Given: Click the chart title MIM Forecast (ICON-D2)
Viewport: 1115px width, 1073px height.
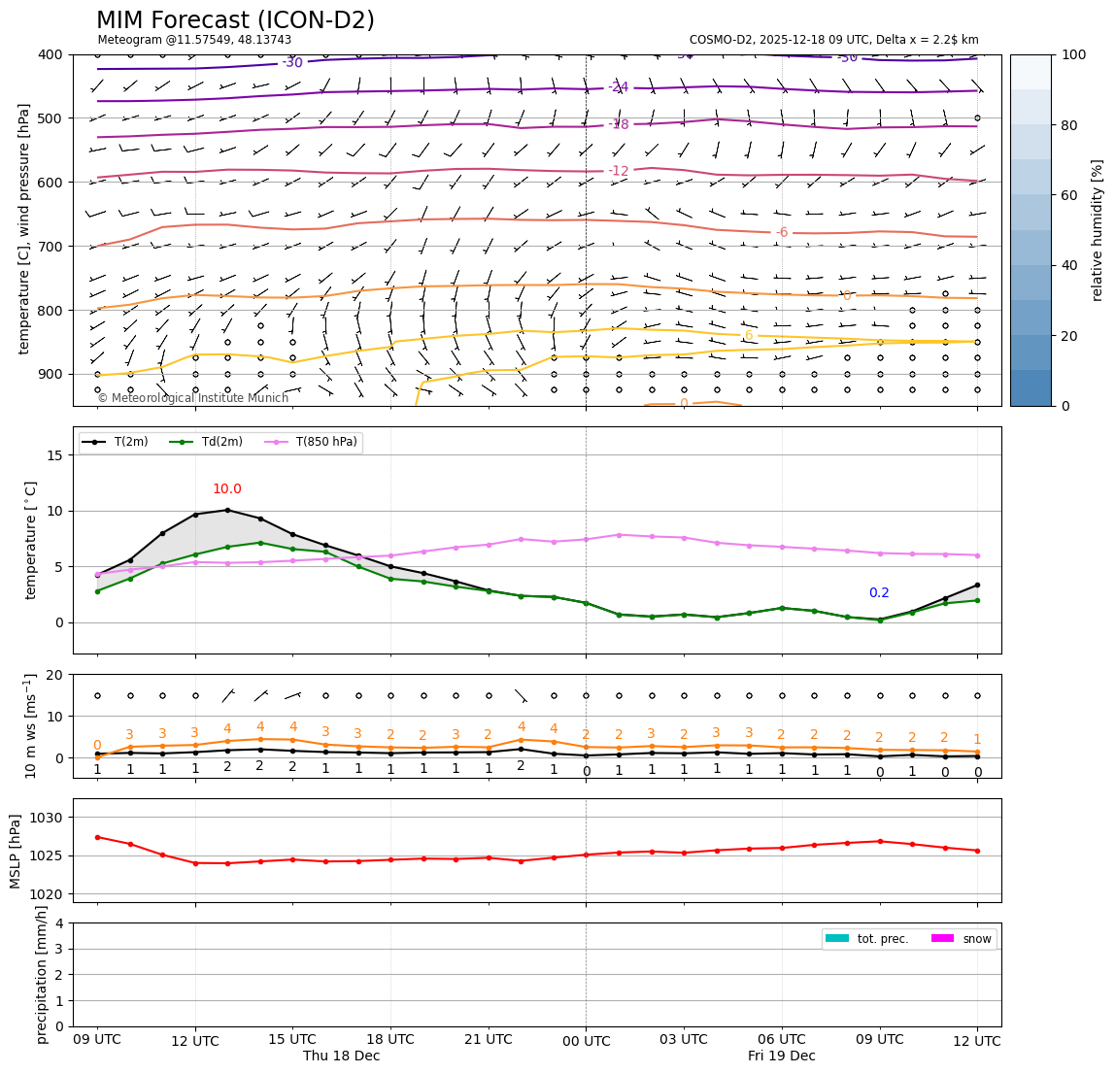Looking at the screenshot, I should tap(235, 20).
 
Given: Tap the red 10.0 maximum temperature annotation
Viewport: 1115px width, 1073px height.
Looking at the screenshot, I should tap(227, 489).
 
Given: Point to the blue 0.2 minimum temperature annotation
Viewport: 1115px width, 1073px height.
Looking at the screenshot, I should tap(879, 593).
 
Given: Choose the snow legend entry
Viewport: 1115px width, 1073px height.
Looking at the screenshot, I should tap(977, 939).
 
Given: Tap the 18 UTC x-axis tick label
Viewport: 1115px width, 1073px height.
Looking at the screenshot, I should tap(390, 1040).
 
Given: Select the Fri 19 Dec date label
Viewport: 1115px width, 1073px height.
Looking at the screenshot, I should tap(781, 1056).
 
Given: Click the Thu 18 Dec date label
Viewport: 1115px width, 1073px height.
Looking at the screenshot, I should tap(341, 1056).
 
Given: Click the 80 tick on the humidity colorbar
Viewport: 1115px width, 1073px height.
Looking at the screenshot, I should tap(1071, 125).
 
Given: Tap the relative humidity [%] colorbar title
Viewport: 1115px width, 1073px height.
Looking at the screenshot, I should tap(1098, 230).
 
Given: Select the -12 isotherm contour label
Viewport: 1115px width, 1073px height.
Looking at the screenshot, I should tap(619, 171).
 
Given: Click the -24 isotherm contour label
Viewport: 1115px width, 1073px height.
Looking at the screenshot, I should tap(619, 87).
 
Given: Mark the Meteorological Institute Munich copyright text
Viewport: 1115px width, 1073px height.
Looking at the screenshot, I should tap(192, 398).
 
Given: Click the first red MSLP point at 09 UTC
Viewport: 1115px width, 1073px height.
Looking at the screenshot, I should tap(97, 837).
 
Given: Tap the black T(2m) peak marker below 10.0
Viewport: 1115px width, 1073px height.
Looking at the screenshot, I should tap(227, 510).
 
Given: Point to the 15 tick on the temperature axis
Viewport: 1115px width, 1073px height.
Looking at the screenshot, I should tap(56, 455).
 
